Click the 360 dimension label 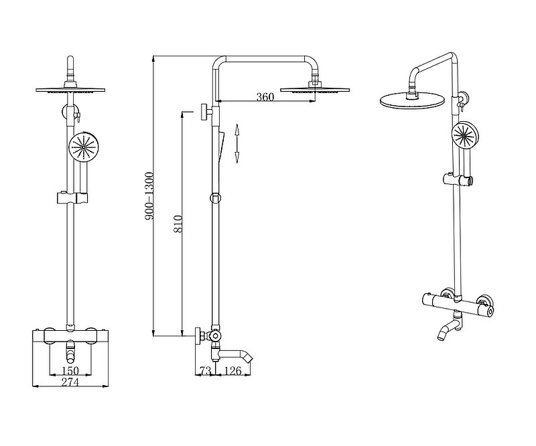click(x=265, y=97)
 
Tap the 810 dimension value click(x=178, y=224)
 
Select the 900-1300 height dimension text click(x=150, y=196)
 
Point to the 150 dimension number click(x=70, y=370)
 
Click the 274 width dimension click(x=70, y=382)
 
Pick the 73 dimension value click(x=205, y=371)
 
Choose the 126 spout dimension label click(x=233, y=371)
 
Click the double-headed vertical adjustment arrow click(x=237, y=143)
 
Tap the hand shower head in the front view click(x=84, y=147)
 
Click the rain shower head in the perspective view click(x=412, y=100)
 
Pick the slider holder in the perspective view click(x=458, y=179)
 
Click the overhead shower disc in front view click(x=70, y=90)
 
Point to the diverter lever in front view click(x=78, y=117)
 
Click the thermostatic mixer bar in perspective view click(x=458, y=302)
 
